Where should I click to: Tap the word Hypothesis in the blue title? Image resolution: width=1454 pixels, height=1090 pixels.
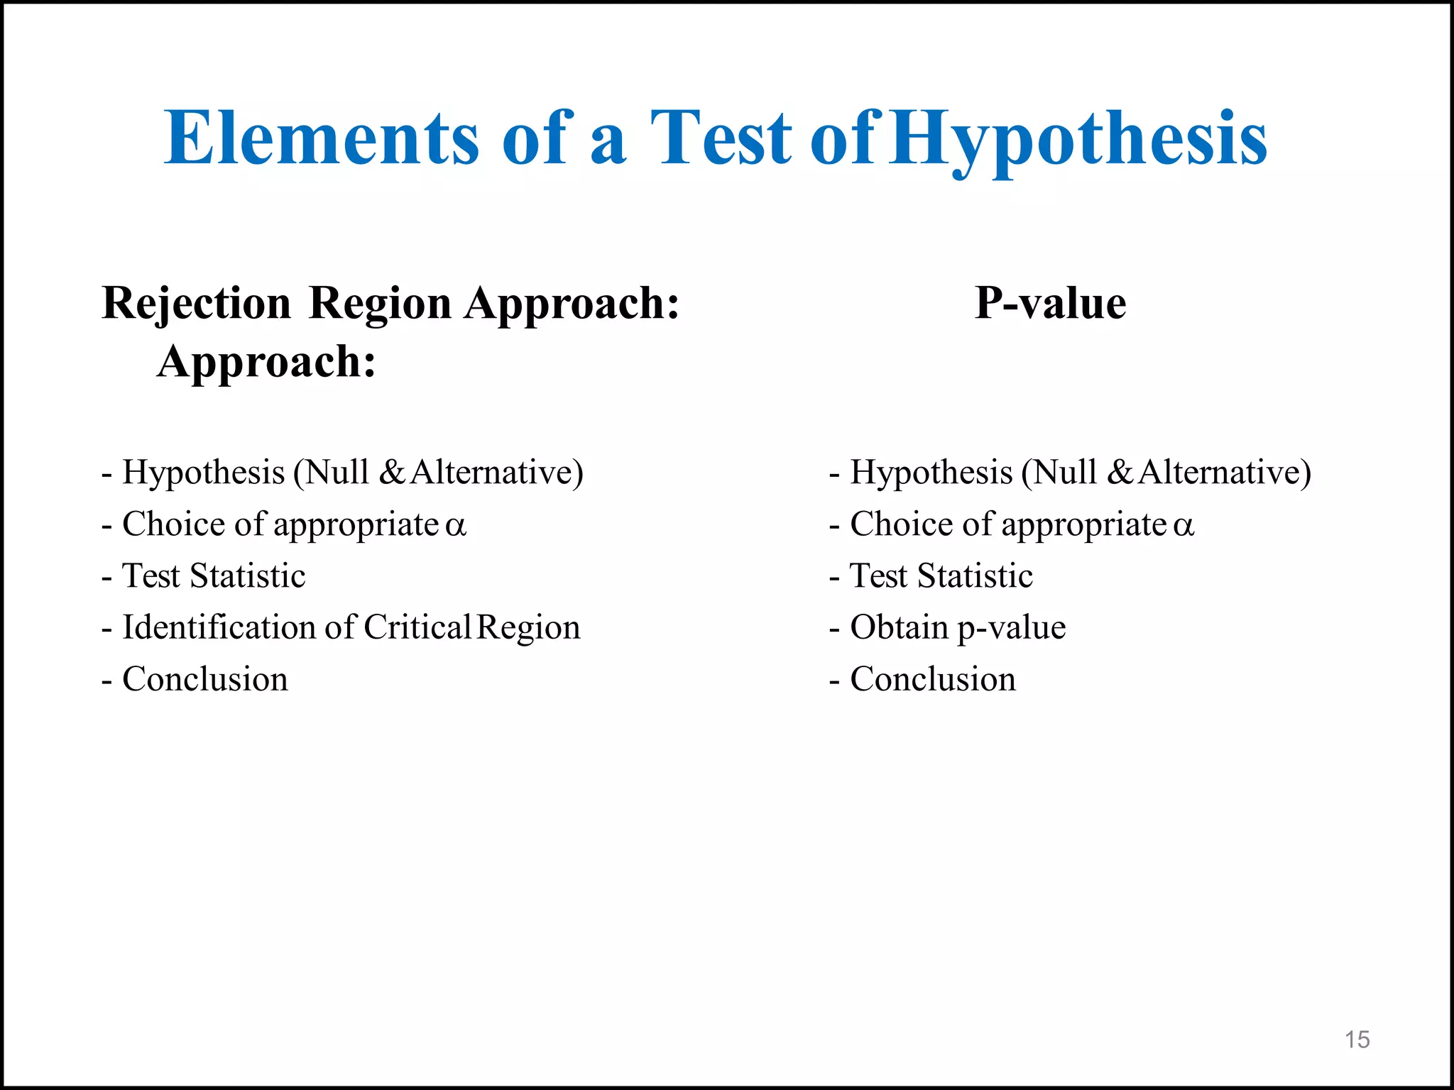point(1079,138)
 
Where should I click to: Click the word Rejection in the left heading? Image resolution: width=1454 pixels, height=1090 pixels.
point(197,304)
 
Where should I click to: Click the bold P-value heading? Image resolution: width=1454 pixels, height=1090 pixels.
point(1050,303)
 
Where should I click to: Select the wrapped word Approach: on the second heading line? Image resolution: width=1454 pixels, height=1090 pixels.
point(266,362)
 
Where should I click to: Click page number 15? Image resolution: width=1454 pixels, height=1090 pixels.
point(1357,1040)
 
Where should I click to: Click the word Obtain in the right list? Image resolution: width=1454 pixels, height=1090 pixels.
point(899,627)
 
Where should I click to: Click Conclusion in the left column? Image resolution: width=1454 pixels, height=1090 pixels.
point(205,679)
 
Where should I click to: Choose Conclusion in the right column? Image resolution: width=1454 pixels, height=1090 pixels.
point(933,679)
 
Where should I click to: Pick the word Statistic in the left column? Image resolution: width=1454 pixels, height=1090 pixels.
point(248,576)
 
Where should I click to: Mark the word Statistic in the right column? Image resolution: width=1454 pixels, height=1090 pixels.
point(975,576)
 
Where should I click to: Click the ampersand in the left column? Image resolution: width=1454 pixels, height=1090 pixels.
point(392,473)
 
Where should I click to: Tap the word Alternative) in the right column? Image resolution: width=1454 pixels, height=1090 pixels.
point(1224,473)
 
